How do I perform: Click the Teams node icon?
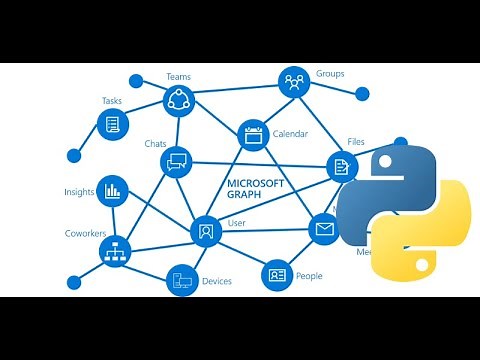[x=178, y=99]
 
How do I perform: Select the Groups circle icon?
[x=294, y=80]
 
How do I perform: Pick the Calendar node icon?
[x=252, y=133]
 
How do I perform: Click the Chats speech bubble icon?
[x=178, y=160]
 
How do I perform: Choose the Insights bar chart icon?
[x=111, y=189]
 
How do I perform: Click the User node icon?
[x=205, y=231]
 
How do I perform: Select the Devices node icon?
[x=182, y=280]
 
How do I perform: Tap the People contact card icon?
[x=276, y=274]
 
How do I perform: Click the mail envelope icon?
[x=323, y=229]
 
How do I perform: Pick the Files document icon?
[x=341, y=166]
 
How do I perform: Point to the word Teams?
[x=178, y=76]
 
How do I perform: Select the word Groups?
[x=330, y=74]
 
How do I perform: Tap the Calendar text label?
[x=290, y=134]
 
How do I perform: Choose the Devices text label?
[x=217, y=282]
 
